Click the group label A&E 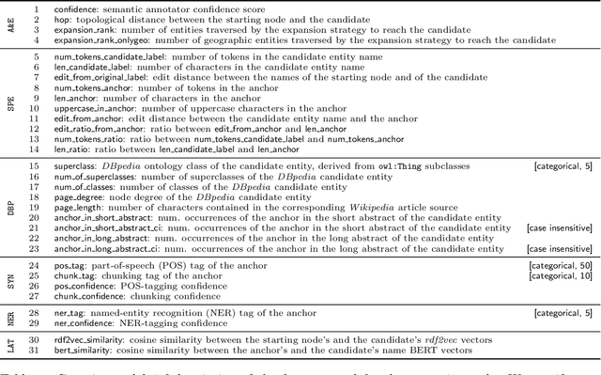(10, 27)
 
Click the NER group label (10, 317)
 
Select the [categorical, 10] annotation (560, 277)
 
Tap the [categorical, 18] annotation (560, 311)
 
